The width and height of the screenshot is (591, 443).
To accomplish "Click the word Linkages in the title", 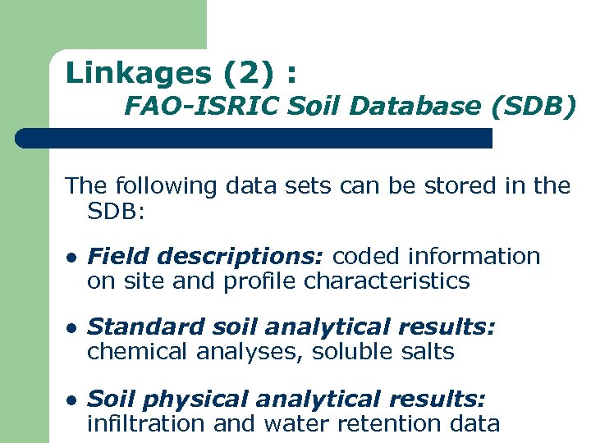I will point(138,73).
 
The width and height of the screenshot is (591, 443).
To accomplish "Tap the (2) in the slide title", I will point(248,73).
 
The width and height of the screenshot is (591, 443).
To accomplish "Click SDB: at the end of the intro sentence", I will point(116,212).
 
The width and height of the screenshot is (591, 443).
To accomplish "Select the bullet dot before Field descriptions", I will point(71,258).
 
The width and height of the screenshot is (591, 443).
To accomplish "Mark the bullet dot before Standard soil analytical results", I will point(71,328).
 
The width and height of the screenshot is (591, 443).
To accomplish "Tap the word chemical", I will point(139,352).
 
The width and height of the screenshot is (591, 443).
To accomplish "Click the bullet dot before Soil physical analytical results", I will point(71,400).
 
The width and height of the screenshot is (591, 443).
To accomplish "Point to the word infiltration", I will point(146,423).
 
